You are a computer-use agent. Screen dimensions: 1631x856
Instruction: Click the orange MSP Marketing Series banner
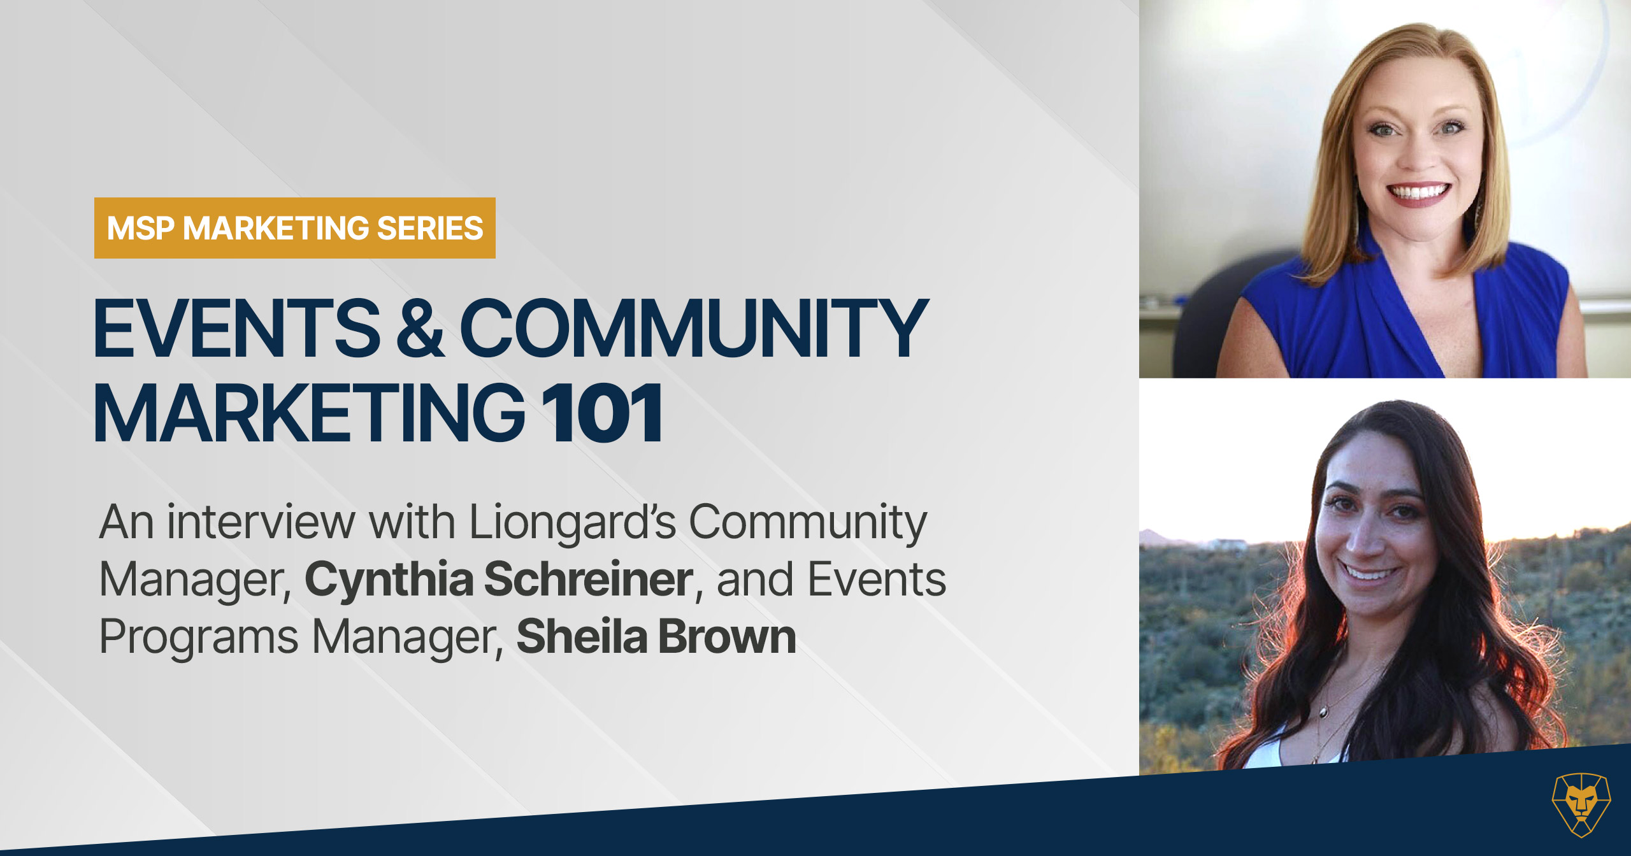tap(294, 228)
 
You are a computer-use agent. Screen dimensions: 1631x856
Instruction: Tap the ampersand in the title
tap(420, 329)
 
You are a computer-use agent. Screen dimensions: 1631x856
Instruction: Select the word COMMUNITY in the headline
tap(694, 329)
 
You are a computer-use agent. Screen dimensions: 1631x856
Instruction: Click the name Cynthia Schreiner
tap(499, 580)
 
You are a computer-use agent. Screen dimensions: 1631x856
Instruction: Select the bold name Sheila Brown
tap(656, 636)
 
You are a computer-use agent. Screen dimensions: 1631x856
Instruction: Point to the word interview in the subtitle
tap(261, 522)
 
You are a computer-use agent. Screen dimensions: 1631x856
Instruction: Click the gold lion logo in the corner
tap(1581, 804)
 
